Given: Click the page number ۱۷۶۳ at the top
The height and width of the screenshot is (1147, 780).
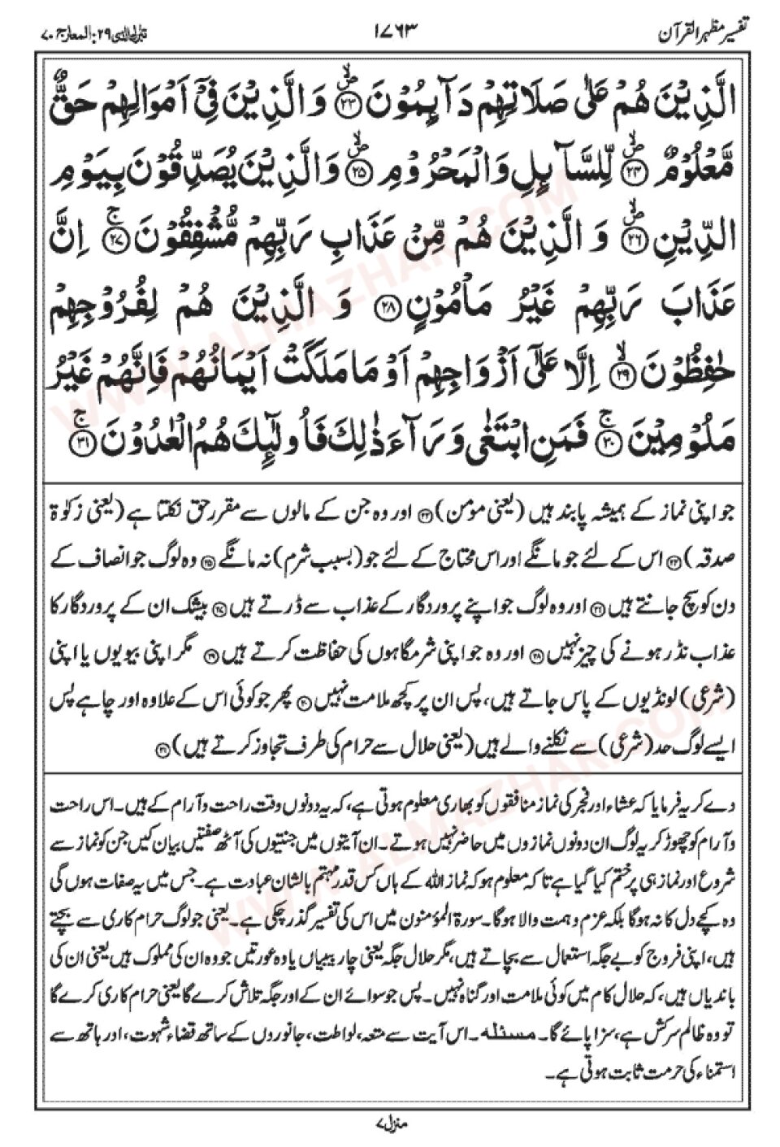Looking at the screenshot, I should pyautogui.click(x=397, y=34).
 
